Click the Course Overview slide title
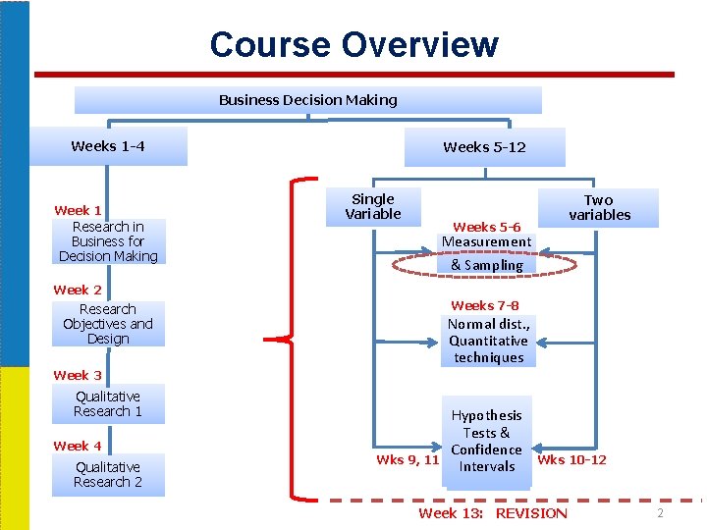pyautogui.click(x=353, y=44)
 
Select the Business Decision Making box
pyautogui.click(x=308, y=100)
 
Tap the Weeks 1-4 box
pyautogui.click(x=108, y=147)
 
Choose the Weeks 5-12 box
pyautogui.click(x=484, y=147)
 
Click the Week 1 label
pyautogui.click(x=78, y=210)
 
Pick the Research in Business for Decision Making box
pyautogui.click(x=108, y=241)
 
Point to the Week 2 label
pyautogui.click(x=78, y=290)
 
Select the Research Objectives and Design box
pyautogui.click(x=108, y=324)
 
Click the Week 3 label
pyautogui.click(x=78, y=375)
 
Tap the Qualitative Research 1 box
pyautogui.click(x=108, y=403)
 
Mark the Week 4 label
pyautogui.click(x=78, y=446)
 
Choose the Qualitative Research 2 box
pyautogui.click(x=108, y=475)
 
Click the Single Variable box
pyautogui.click(x=373, y=206)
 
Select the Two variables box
pyautogui.click(x=599, y=207)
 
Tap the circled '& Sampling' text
pyautogui.click(x=487, y=265)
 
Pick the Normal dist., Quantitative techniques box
pyautogui.click(x=488, y=341)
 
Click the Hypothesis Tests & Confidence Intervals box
pyautogui.click(x=486, y=441)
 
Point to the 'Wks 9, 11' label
pyautogui.click(x=407, y=459)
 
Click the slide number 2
pyautogui.click(x=661, y=513)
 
